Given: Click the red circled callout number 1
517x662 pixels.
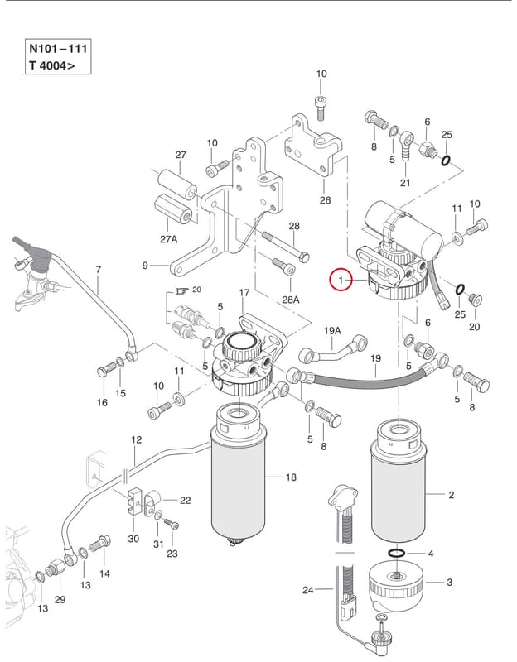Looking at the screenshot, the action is tap(341, 280).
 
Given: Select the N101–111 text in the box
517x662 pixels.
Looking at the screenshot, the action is tap(58, 49).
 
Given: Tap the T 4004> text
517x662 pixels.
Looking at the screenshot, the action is tap(52, 65).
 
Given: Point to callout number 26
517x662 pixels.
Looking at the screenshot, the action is tap(325, 199).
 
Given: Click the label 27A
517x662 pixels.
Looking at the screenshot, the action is tap(169, 239).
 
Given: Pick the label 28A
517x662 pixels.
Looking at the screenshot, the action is tap(291, 300).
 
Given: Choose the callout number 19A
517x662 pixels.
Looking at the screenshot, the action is tap(332, 330).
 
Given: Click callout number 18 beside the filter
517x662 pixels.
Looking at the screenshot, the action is tap(291, 477).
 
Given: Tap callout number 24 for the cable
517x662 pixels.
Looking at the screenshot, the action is tap(307, 589).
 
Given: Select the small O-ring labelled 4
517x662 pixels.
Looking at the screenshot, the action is tap(396, 554).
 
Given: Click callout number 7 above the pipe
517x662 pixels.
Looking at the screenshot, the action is tap(99, 269).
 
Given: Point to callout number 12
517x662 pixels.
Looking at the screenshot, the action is tap(136, 439).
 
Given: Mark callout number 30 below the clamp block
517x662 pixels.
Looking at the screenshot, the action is tap(133, 539).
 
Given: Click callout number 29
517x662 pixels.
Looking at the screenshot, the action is tap(60, 599).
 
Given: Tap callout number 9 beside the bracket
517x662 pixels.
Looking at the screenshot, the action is tap(145, 266).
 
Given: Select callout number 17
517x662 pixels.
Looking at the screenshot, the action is tap(244, 292).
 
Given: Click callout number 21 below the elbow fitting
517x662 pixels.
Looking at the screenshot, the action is tap(405, 183).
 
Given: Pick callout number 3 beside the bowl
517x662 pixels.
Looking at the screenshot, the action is tap(449, 583).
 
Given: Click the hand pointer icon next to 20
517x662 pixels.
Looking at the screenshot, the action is tap(182, 290).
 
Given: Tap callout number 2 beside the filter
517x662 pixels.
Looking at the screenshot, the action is tap(451, 494).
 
